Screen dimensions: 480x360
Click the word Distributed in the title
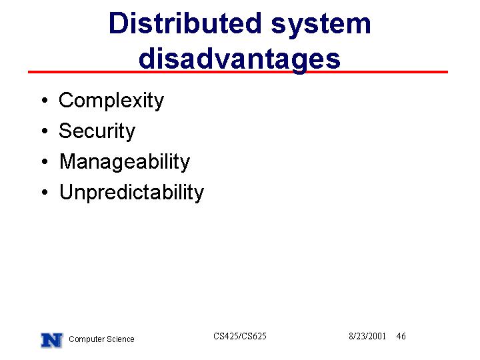(185, 23)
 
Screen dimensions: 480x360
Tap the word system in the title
(321, 26)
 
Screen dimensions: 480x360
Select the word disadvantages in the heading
(239, 59)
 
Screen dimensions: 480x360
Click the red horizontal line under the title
(238, 72)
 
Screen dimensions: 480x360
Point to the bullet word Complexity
(111, 101)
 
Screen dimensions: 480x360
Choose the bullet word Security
(97, 131)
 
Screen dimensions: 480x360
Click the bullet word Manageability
(125, 162)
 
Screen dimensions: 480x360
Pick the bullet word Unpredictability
(131, 193)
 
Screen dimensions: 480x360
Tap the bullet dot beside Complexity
(45, 100)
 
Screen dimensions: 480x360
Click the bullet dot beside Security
(45, 131)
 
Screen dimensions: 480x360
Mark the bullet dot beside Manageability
(45, 161)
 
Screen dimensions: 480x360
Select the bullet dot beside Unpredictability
(45, 192)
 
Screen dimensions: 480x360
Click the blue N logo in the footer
(52, 340)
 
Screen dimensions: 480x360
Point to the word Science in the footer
(121, 339)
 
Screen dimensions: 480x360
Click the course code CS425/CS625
(240, 336)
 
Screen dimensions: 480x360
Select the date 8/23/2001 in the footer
(367, 336)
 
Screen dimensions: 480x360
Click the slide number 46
(401, 336)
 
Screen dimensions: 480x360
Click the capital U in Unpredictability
(67, 191)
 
